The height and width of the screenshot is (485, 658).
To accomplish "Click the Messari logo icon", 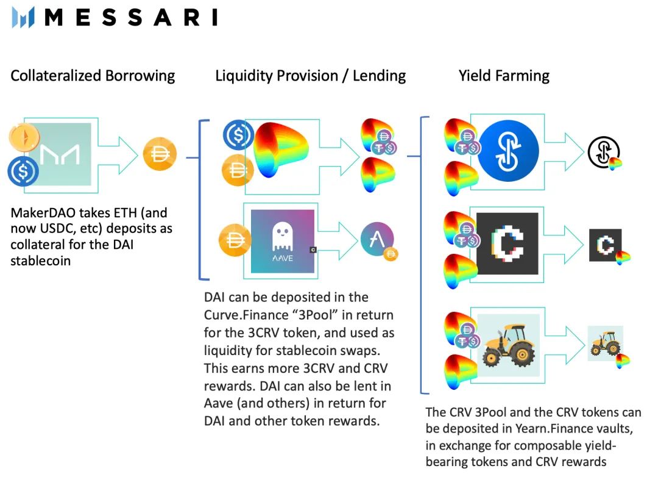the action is click(x=23, y=17).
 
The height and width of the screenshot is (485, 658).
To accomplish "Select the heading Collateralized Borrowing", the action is click(x=93, y=76).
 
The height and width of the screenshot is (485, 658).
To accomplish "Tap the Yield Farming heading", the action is click(x=504, y=76).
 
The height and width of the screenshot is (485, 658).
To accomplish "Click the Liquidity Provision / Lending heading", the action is click(x=311, y=76).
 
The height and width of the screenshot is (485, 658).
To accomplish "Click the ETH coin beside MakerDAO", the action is click(x=25, y=137).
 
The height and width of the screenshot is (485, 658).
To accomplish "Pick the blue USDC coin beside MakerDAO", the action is click(x=23, y=171).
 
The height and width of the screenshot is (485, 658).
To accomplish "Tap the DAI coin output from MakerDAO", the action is click(x=160, y=154).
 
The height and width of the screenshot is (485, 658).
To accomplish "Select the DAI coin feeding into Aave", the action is click(x=235, y=240).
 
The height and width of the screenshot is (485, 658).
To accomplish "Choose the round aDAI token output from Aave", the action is click(x=377, y=239).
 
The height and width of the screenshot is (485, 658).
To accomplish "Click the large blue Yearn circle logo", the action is click(x=508, y=151).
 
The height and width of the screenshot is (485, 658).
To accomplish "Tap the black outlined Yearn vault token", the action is click(x=603, y=152).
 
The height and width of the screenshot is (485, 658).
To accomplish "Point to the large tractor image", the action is click(x=509, y=345).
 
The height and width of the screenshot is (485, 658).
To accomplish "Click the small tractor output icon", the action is click(x=605, y=343).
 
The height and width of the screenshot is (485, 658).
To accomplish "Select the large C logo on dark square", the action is click(x=507, y=244).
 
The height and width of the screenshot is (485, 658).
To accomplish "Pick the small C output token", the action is click(x=605, y=245).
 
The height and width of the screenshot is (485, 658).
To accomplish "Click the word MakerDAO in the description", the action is click(x=44, y=213).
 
